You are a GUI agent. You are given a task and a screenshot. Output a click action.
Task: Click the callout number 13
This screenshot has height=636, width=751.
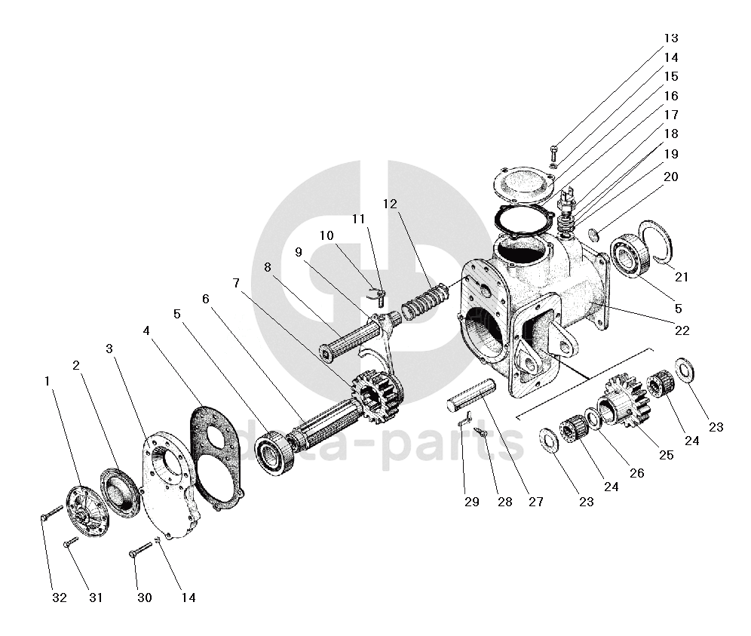pos(670,38)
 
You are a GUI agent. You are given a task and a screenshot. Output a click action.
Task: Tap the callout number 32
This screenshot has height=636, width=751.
pos(60,598)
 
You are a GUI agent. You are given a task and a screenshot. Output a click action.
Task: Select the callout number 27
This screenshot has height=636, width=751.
pos(535,502)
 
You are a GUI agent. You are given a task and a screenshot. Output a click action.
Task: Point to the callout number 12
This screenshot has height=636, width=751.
pos(389,204)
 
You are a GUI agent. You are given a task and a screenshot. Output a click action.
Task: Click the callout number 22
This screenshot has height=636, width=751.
pos(682,330)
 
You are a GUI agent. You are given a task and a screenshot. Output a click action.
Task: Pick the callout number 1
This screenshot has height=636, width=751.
pos(48,382)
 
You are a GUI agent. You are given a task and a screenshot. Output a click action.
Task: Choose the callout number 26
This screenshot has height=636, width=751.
pos(637,474)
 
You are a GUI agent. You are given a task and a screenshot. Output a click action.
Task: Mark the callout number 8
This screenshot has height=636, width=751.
pos(267,266)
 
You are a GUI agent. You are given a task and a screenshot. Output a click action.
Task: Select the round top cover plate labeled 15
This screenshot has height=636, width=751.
pos(524,184)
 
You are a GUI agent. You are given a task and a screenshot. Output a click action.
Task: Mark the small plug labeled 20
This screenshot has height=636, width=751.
pos(593,236)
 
